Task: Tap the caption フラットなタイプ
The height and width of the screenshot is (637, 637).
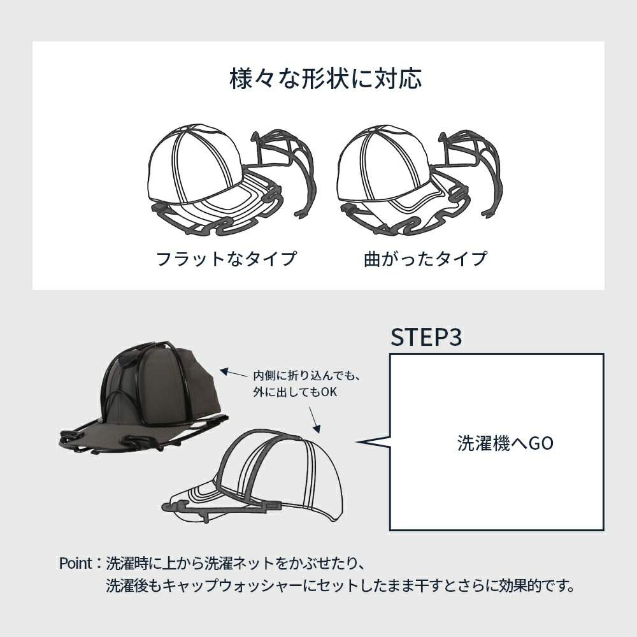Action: tap(227, 259)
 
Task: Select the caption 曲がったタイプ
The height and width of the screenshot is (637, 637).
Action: tap(425, 259)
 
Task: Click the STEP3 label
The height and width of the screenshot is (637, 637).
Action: tap(426, 338)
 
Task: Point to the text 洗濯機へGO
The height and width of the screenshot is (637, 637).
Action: tap(505, 443)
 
